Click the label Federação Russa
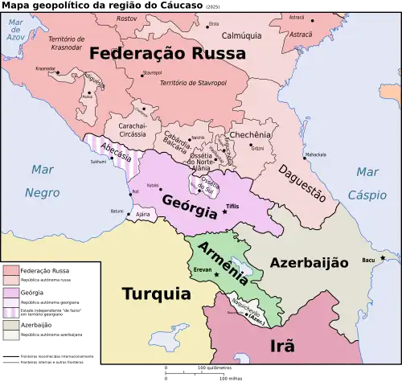point(167,54)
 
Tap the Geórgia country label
point(190,206)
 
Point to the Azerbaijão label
point(309,263)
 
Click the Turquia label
point(156,294)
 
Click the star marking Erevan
point(215,276)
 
